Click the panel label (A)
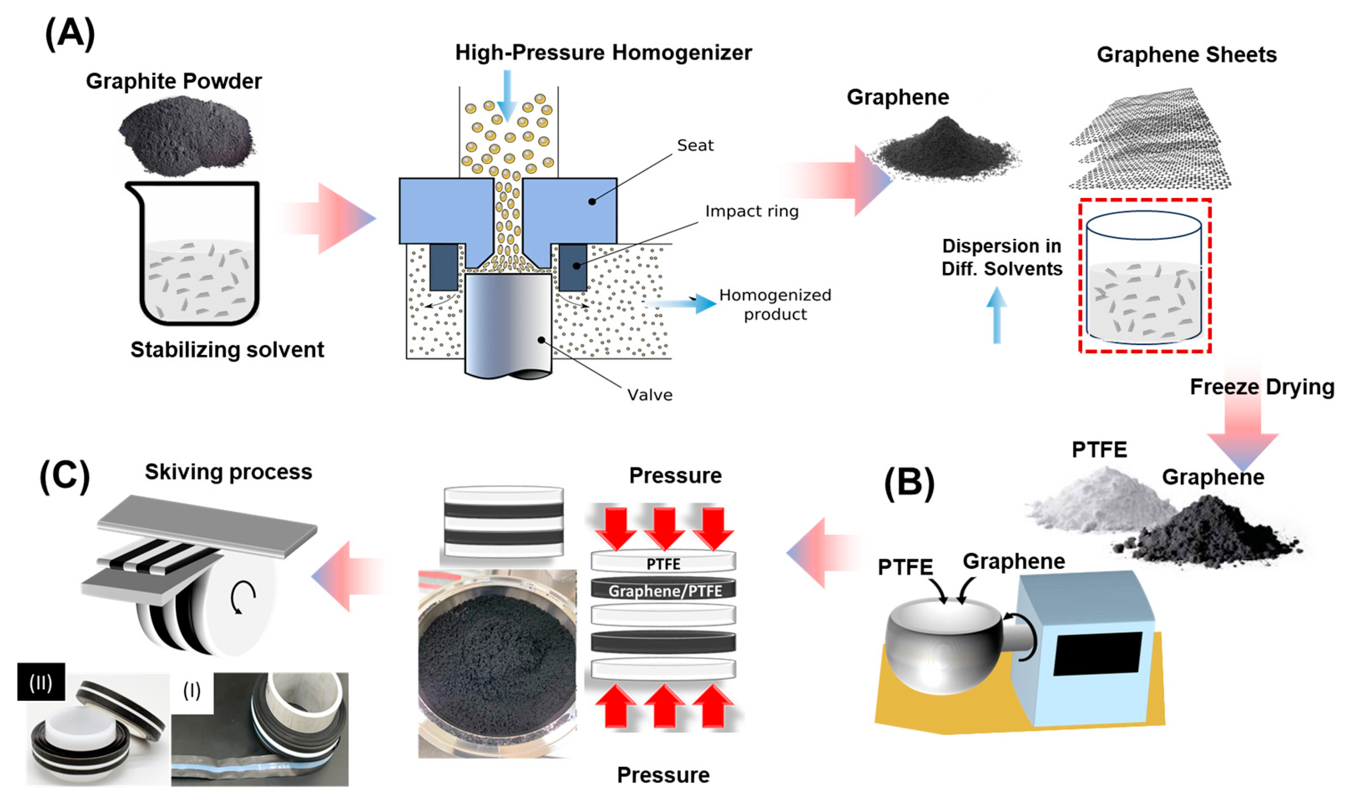tap(69, 34)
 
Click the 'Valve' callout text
tap(649, 395)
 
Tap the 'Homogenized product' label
tap(775, 304)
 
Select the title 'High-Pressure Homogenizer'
tap(603, 53)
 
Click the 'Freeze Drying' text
tap(1262, 387)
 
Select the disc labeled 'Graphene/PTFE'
tap(663, 590)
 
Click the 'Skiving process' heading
tap(228, 472)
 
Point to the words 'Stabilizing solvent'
tap(227, 350)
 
